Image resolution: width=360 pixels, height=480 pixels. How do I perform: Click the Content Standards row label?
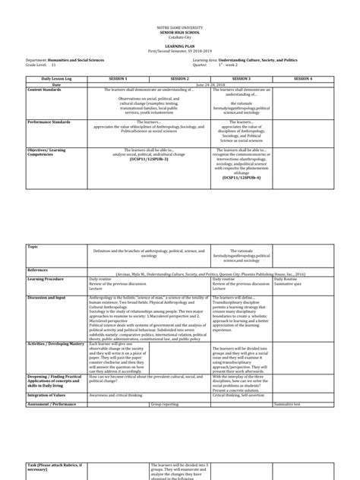tap(46, 89)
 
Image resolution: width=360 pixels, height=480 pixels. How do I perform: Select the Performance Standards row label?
tap(49, 121)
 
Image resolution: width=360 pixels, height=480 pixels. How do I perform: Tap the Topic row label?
tap(32, 247)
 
